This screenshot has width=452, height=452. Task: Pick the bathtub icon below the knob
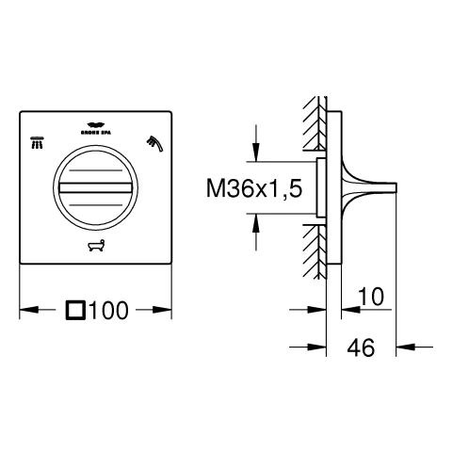[95, 249]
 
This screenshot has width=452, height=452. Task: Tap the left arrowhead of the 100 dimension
[27, 308]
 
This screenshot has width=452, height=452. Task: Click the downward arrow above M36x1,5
[254, 152]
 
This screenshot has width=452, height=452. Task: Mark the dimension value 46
[360, 347]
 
